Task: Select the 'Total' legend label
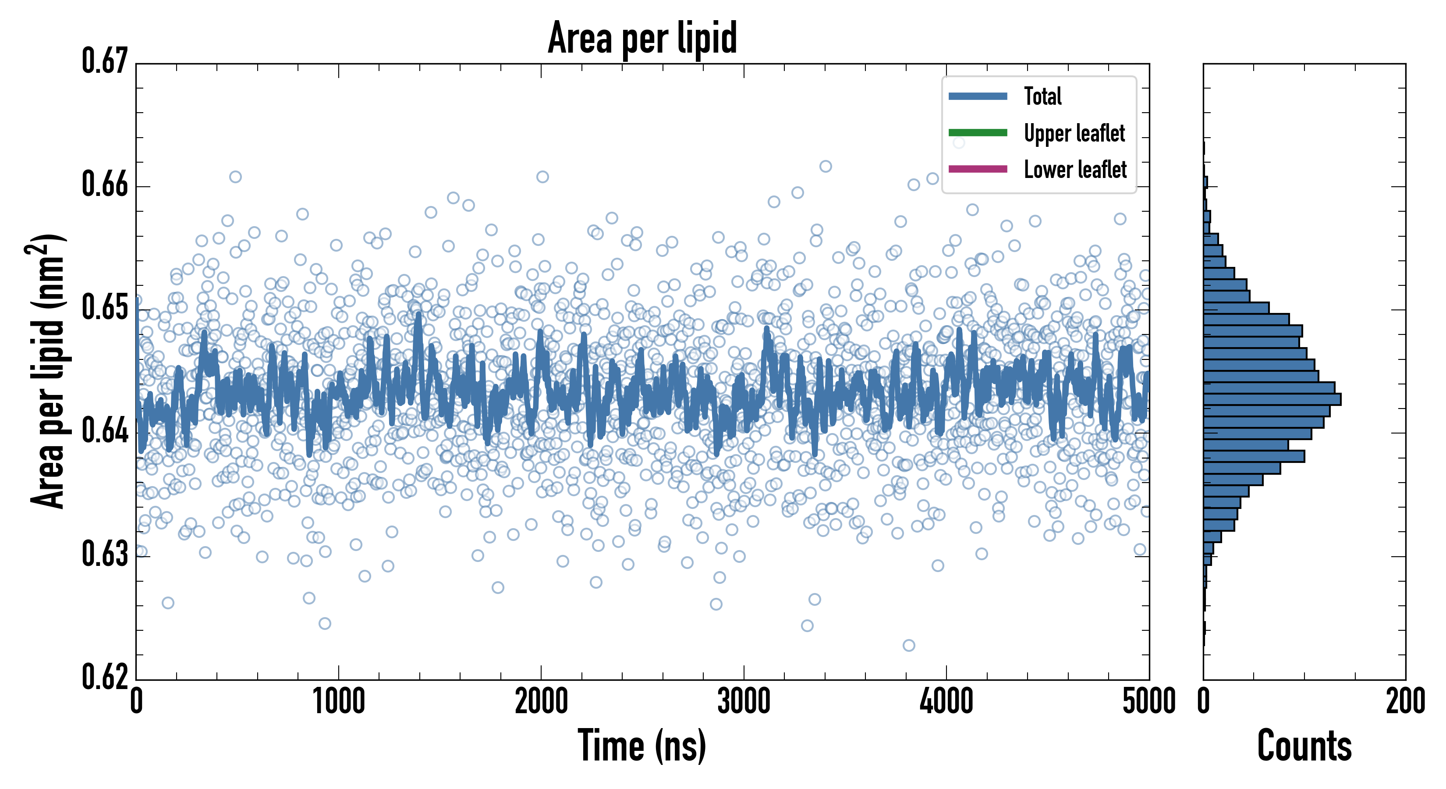(x=1042, y=96)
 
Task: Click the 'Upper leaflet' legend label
(x=1074, y=133)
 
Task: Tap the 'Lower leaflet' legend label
(x=1075, y=170)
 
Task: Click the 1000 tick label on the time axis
(x=338, y=702)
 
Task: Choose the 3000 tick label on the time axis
(x=744, y=702)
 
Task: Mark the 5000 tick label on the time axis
(x=1148, y=702)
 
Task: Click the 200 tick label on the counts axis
(x=1405, y=702)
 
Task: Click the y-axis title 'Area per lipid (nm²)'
(x=48, y=371)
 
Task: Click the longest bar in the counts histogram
(x=1272, y=399)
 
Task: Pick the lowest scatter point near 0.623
(x=909, y=645)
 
